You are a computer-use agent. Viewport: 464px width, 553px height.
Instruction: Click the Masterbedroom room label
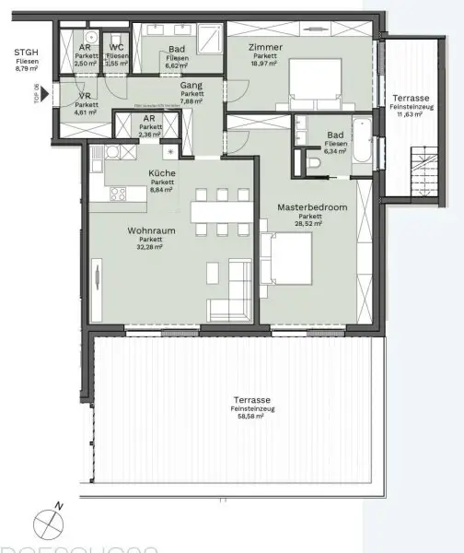click(x=311, y=208)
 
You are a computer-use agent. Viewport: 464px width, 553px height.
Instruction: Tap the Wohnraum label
click(x=145, y=232)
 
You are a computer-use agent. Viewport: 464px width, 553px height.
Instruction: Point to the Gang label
click(x=191, y=85)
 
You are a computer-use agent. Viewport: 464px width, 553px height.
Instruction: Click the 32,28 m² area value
click(x=145, y=247)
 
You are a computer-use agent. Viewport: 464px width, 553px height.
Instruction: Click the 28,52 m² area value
click(x=311, y=224)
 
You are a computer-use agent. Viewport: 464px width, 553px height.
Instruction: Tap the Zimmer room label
click(x=266, y=46)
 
